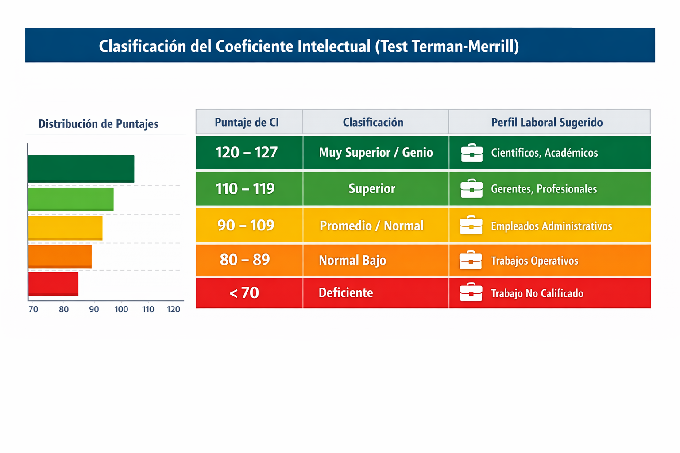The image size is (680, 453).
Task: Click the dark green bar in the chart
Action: tap(81, 169)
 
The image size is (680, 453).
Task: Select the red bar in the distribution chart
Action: tap(53, 284)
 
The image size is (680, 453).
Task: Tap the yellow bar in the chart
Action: tap(65, 228)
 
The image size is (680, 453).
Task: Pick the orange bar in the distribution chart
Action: tap(60, 256)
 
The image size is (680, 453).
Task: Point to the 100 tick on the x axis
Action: tap(121, 309)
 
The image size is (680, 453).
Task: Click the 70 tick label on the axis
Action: tap(33, 309)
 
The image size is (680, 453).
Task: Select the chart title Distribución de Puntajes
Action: tap(98, 124)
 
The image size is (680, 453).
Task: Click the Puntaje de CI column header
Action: tap(247, 123)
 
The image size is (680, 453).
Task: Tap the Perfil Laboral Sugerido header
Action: tap(547, 123)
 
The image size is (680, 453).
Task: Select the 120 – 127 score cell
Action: tap(247, 153)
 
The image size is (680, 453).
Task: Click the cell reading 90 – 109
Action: tap(246, 226)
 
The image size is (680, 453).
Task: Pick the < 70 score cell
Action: tap(244, 293)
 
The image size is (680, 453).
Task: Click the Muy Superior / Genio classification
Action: tap(376, 153)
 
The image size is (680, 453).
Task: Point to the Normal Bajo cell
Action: tap(352, 260)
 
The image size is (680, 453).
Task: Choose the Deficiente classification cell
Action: tap(346, 293)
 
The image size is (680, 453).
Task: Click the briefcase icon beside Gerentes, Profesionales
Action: tap(471, 189)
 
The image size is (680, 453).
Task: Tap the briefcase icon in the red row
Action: tap(471, 292)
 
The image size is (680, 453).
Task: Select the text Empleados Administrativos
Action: tap(551, 226)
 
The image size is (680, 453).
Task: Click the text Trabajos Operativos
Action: tap(534, 261)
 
